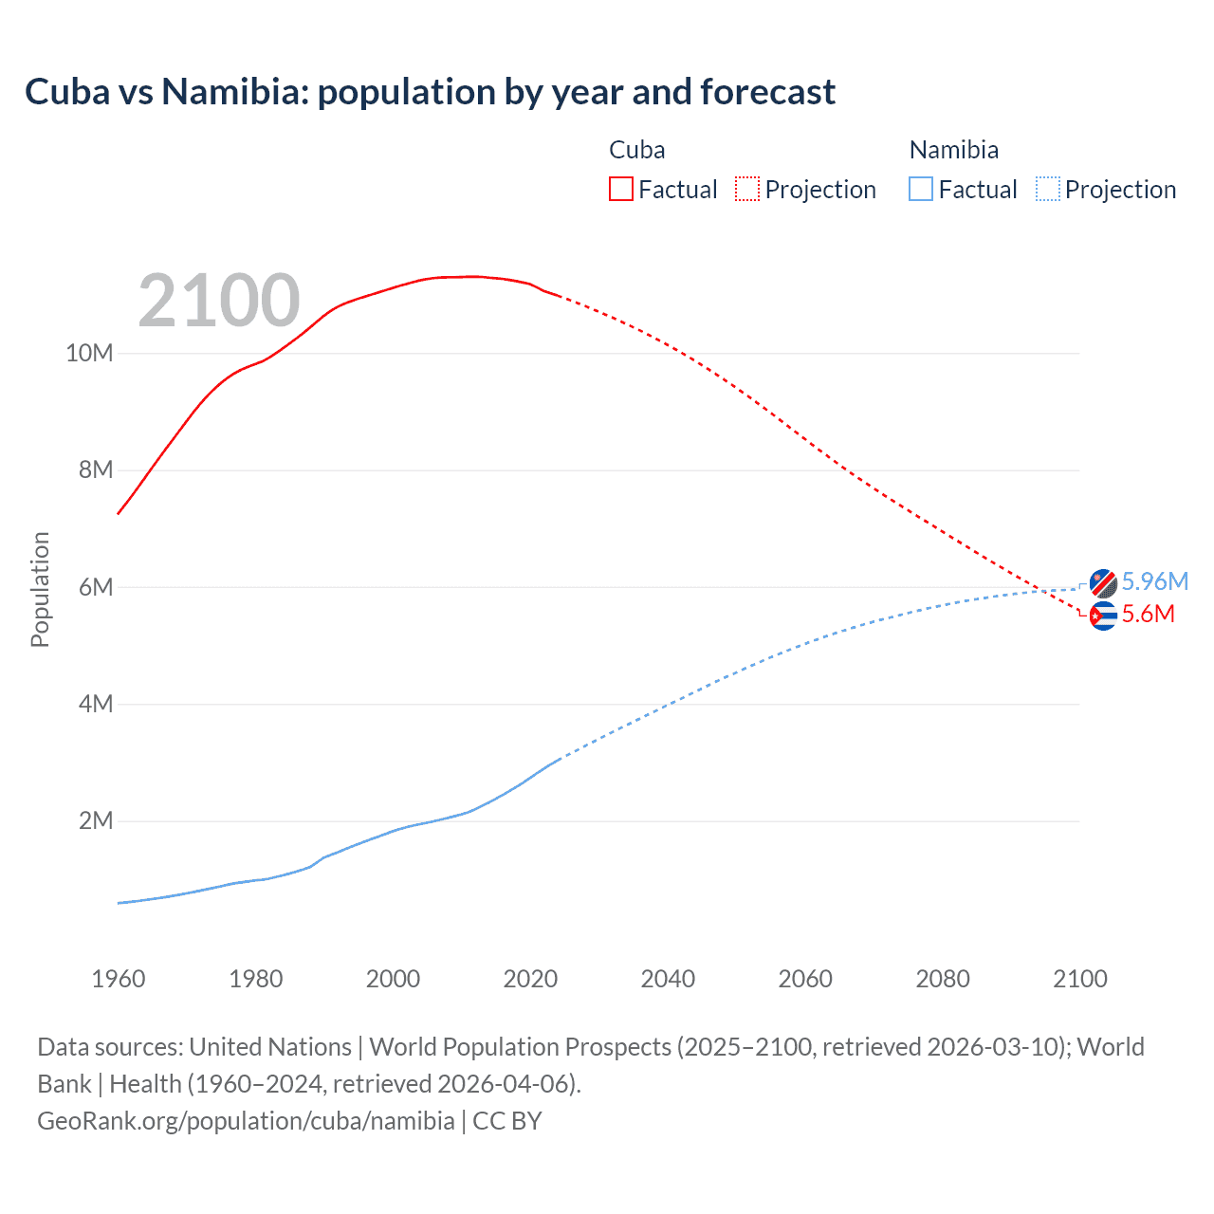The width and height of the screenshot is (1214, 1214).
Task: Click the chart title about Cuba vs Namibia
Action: (x=430, y=92)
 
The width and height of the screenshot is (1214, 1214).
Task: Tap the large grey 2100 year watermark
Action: (x=219, y=302)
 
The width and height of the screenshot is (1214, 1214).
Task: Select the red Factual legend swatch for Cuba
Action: (x=620, y=189)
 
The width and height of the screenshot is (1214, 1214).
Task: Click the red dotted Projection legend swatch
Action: (x=747, y=189)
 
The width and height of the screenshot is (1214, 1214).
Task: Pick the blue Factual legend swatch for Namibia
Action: (x=920, y=189)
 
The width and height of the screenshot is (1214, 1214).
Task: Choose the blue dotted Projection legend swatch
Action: (x=1048, y=189)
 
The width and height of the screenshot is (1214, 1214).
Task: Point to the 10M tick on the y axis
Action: (x=89, y=354)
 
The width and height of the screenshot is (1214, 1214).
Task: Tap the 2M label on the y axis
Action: (x=95, y=821)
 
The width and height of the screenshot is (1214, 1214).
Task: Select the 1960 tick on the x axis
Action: (x=119, y=979)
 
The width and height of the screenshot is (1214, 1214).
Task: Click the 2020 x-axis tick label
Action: (x=530, y=979)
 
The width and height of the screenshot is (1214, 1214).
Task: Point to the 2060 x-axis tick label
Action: (x=805, y=979)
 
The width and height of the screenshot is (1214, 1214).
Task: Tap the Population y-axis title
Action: (x=40, y=589)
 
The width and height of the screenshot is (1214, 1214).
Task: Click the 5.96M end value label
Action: (x=1154, y=581)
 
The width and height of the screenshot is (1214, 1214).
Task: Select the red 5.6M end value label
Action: (x=1148, y=615)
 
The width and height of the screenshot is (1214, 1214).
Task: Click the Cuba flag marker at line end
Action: (x=1102, y=616)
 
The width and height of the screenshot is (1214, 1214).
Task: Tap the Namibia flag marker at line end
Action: (x=1102, y=583)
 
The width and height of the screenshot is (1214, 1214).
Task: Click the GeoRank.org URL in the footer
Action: (x=246, y=1121)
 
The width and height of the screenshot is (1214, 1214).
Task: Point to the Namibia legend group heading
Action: (x=953, y=150)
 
